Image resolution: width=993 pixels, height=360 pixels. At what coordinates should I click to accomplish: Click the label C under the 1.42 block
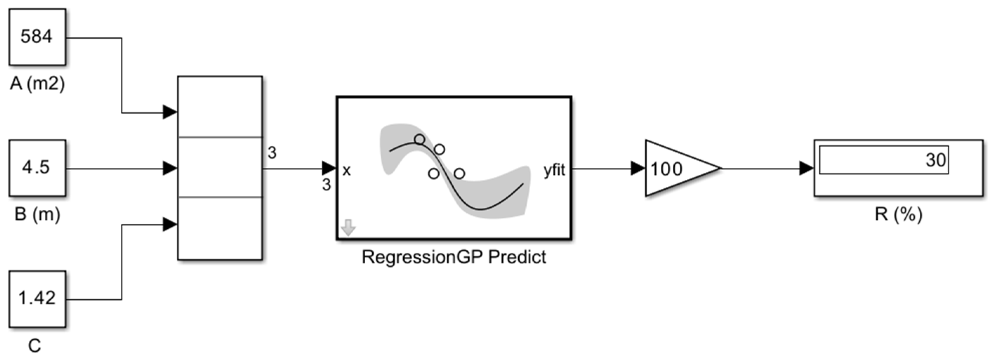34,346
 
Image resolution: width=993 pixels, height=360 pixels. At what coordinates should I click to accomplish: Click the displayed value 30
935,160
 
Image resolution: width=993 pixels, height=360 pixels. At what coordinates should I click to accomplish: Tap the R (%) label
898,214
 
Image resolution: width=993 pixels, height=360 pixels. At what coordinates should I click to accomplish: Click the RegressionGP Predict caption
454,257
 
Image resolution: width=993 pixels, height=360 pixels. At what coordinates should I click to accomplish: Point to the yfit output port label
554,169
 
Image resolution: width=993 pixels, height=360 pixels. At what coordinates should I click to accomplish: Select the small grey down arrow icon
348,227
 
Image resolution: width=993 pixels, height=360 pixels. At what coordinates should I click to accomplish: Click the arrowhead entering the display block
806,168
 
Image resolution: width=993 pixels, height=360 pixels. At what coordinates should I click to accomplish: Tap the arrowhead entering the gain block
638,168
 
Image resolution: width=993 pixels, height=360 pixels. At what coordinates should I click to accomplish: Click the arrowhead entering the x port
329,168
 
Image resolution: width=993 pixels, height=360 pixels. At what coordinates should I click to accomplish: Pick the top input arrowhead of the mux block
169,113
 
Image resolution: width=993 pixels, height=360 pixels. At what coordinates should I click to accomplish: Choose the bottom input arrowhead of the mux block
169,224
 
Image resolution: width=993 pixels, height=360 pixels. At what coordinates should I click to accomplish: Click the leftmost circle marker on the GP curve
419,139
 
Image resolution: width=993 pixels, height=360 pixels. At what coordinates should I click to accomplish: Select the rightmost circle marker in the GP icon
459,174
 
